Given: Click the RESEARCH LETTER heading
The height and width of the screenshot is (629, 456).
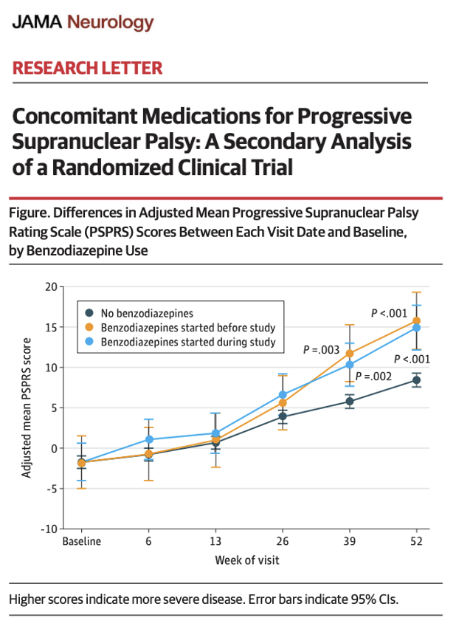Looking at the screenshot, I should pos(87,69).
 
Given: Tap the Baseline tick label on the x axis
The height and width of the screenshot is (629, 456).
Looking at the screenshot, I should pos(81,541).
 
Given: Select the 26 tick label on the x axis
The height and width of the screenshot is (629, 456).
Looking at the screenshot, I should pos(282,541).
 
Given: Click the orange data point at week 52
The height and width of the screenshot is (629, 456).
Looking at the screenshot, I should pos(416,321).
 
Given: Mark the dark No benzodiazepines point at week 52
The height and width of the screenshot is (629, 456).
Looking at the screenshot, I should pos(416,380).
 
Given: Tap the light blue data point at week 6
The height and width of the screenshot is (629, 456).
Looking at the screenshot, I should pos(148,440).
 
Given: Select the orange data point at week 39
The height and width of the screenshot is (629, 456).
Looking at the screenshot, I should pos(349,354).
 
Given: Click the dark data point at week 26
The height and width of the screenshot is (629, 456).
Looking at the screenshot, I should pos(282,417).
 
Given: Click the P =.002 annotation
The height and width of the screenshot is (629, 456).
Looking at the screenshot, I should pos(375,376).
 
